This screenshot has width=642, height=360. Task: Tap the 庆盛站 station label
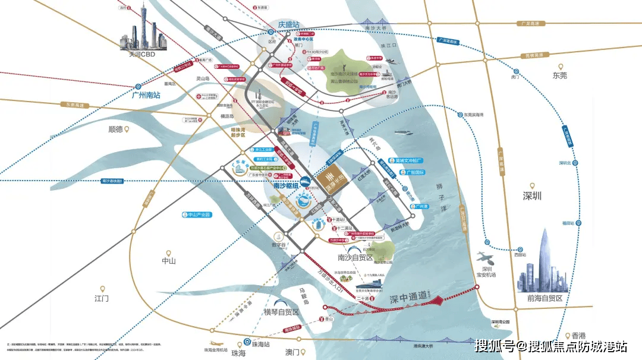click(289, 26)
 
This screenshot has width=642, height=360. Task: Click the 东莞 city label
click(559, 75)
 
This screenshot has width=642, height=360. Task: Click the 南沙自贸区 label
click(355, 258)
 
